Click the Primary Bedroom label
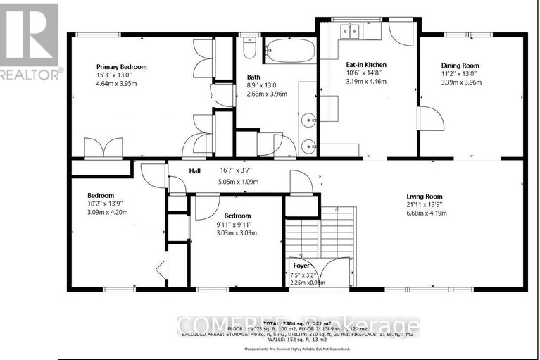point(113,67)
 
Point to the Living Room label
point(428,197)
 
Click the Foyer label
point(301,266)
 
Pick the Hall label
point(195,170)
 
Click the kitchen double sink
point(350,30)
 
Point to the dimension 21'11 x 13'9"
point(428,205)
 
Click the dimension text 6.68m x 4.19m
point(428,214)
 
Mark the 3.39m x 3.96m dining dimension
point(459,81)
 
